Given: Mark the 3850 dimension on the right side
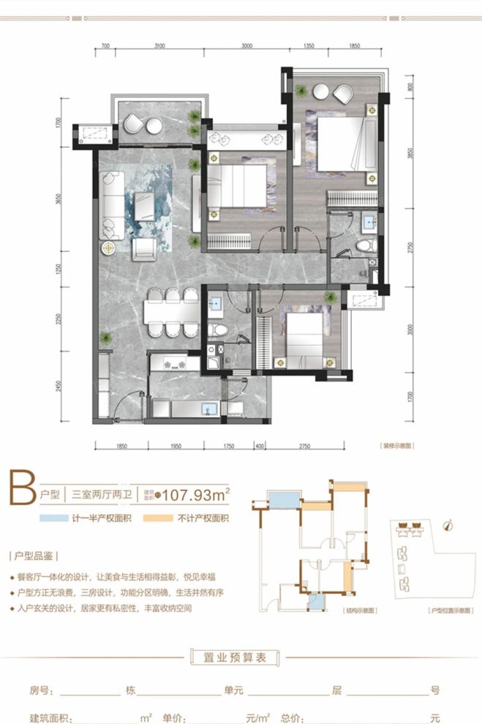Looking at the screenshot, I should [413, 155].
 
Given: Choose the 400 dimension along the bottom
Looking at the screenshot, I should [259, 446].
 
